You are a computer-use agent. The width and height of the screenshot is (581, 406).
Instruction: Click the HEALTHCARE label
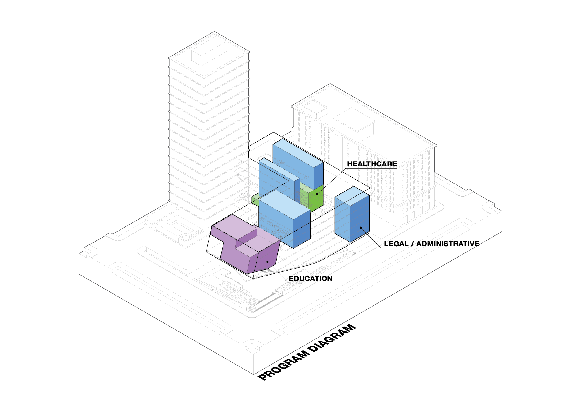(x=372, y=164)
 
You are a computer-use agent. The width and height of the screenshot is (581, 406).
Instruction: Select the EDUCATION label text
(x=311, y=278)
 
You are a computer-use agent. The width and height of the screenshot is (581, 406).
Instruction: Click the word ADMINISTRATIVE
(x=448, y=244)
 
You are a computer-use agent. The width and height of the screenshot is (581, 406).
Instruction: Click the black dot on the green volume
(x=317, y=194)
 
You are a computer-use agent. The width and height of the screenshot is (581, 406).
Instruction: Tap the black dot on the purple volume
(x=268, y=262)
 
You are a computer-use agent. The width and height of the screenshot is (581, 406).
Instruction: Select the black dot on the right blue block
(x=361, y=228)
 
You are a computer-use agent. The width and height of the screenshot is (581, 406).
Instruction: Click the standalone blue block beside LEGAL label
(x=352, y=214)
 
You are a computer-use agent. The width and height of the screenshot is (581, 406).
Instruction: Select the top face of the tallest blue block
(x=298, y=153)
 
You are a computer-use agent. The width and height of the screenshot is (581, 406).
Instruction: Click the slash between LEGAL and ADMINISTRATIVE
(x=412, y=244)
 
